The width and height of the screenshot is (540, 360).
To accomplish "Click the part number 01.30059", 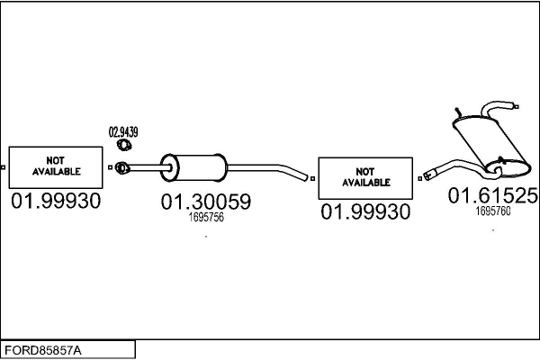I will [x=205, y=203].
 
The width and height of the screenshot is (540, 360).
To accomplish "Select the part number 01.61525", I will [x=493, y=195].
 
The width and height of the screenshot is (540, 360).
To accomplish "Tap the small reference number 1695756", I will [x=205, y=218].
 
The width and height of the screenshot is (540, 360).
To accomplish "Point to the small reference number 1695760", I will [x=492, y=211].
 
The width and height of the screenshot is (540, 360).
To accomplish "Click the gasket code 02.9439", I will [x=123, y=132].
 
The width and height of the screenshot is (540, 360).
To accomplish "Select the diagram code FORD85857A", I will [x=42, y=348].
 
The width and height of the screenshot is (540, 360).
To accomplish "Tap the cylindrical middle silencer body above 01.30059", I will [x=198, y=166].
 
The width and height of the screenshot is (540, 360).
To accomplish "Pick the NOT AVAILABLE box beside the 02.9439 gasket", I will [x=56, y=165].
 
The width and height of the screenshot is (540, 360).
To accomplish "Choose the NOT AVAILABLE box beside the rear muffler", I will [x=365, y=176].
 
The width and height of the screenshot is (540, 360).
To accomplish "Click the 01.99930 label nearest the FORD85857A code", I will [x=56, y=202].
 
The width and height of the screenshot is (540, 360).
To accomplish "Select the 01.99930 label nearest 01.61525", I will [x=365, y=211].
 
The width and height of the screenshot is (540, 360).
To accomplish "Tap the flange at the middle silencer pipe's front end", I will [x=123, y=166].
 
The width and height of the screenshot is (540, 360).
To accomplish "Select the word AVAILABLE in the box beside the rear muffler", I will [x=365, y=182].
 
